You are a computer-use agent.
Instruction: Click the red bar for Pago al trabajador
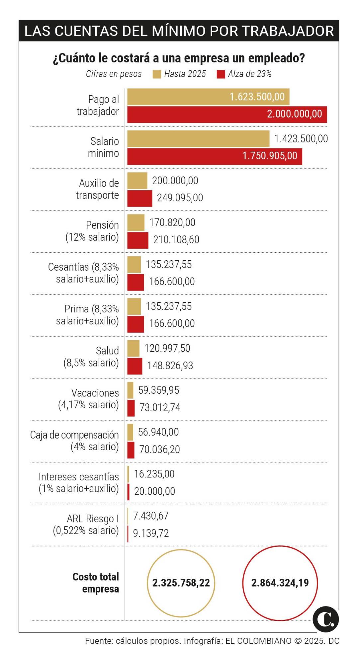(227, 115)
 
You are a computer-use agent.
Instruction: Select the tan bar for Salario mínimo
(198, 139)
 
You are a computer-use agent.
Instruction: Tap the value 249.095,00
(180, 198)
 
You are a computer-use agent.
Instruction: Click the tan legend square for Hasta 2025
(157, 74)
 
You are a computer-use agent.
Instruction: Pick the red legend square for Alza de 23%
(221, 74)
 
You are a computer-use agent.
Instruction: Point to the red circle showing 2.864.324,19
(280, 583)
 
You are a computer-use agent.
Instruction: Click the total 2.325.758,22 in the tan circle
(181, 583)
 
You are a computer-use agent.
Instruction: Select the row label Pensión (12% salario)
(92, 231)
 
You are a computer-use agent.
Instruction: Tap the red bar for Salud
(135, 366)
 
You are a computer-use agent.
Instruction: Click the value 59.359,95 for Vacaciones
(158, 390)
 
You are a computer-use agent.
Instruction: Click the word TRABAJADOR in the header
(288, 31)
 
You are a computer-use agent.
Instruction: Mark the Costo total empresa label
(96, 583)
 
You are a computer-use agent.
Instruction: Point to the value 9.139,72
(151, 533)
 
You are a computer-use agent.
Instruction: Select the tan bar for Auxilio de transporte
(137, 181)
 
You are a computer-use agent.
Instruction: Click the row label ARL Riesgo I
(93, 519)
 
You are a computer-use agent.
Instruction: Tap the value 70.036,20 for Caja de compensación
(159, 450)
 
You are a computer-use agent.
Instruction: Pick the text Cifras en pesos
(114, 74)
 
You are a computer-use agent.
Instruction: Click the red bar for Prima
(136, 324)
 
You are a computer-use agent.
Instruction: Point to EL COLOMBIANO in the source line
(258, 641)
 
